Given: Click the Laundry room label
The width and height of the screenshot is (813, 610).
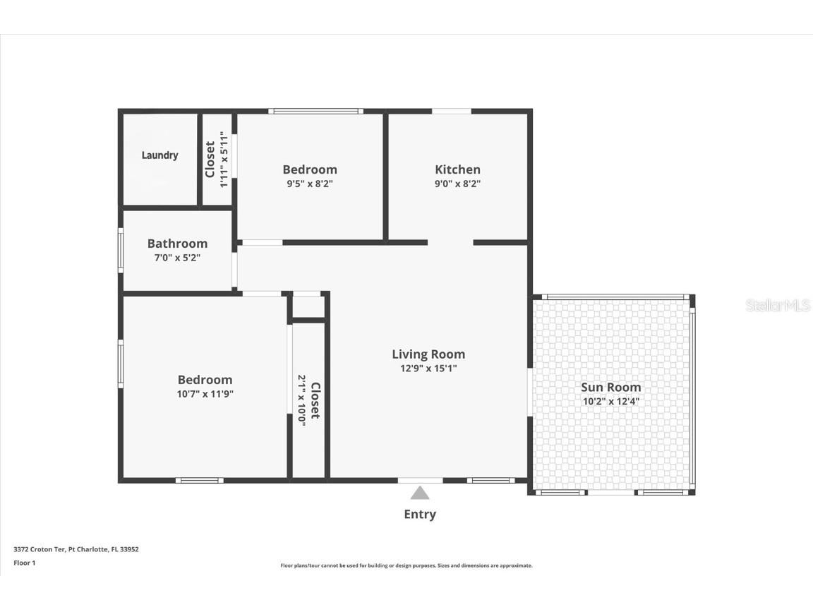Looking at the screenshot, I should [159, 155].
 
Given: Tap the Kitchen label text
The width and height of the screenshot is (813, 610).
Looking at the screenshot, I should [457, 169].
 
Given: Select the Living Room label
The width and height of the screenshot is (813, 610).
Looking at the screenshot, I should [428, 354].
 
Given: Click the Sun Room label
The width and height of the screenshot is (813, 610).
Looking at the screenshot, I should [610, 387].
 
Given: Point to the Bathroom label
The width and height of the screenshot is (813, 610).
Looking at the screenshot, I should [177, 244].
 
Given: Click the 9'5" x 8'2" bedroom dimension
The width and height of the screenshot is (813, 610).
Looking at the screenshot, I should [309, 184].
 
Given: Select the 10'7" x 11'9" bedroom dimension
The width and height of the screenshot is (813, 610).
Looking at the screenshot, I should [205, 394].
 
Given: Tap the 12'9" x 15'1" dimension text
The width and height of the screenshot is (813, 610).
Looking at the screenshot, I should [428, 368].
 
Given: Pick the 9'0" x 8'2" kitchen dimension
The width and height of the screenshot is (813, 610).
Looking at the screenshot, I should [457, 184].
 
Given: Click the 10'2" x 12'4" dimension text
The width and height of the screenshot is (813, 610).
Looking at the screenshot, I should [610, 401].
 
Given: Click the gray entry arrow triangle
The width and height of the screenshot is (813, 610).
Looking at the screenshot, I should [420, 493].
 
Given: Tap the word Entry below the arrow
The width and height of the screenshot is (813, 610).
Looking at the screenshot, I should [420, 514].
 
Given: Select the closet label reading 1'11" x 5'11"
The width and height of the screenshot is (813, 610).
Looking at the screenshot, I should [217, 160].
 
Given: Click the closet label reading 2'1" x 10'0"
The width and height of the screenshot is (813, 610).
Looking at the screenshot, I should [309, 400].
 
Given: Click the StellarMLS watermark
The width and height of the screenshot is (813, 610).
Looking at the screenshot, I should [778, 306].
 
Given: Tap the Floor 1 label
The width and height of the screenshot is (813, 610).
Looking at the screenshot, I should [24, 563].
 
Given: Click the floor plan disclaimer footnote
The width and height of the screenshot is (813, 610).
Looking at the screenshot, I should [406, 566].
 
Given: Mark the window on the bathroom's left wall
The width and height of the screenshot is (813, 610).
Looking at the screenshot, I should [121, 251].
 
